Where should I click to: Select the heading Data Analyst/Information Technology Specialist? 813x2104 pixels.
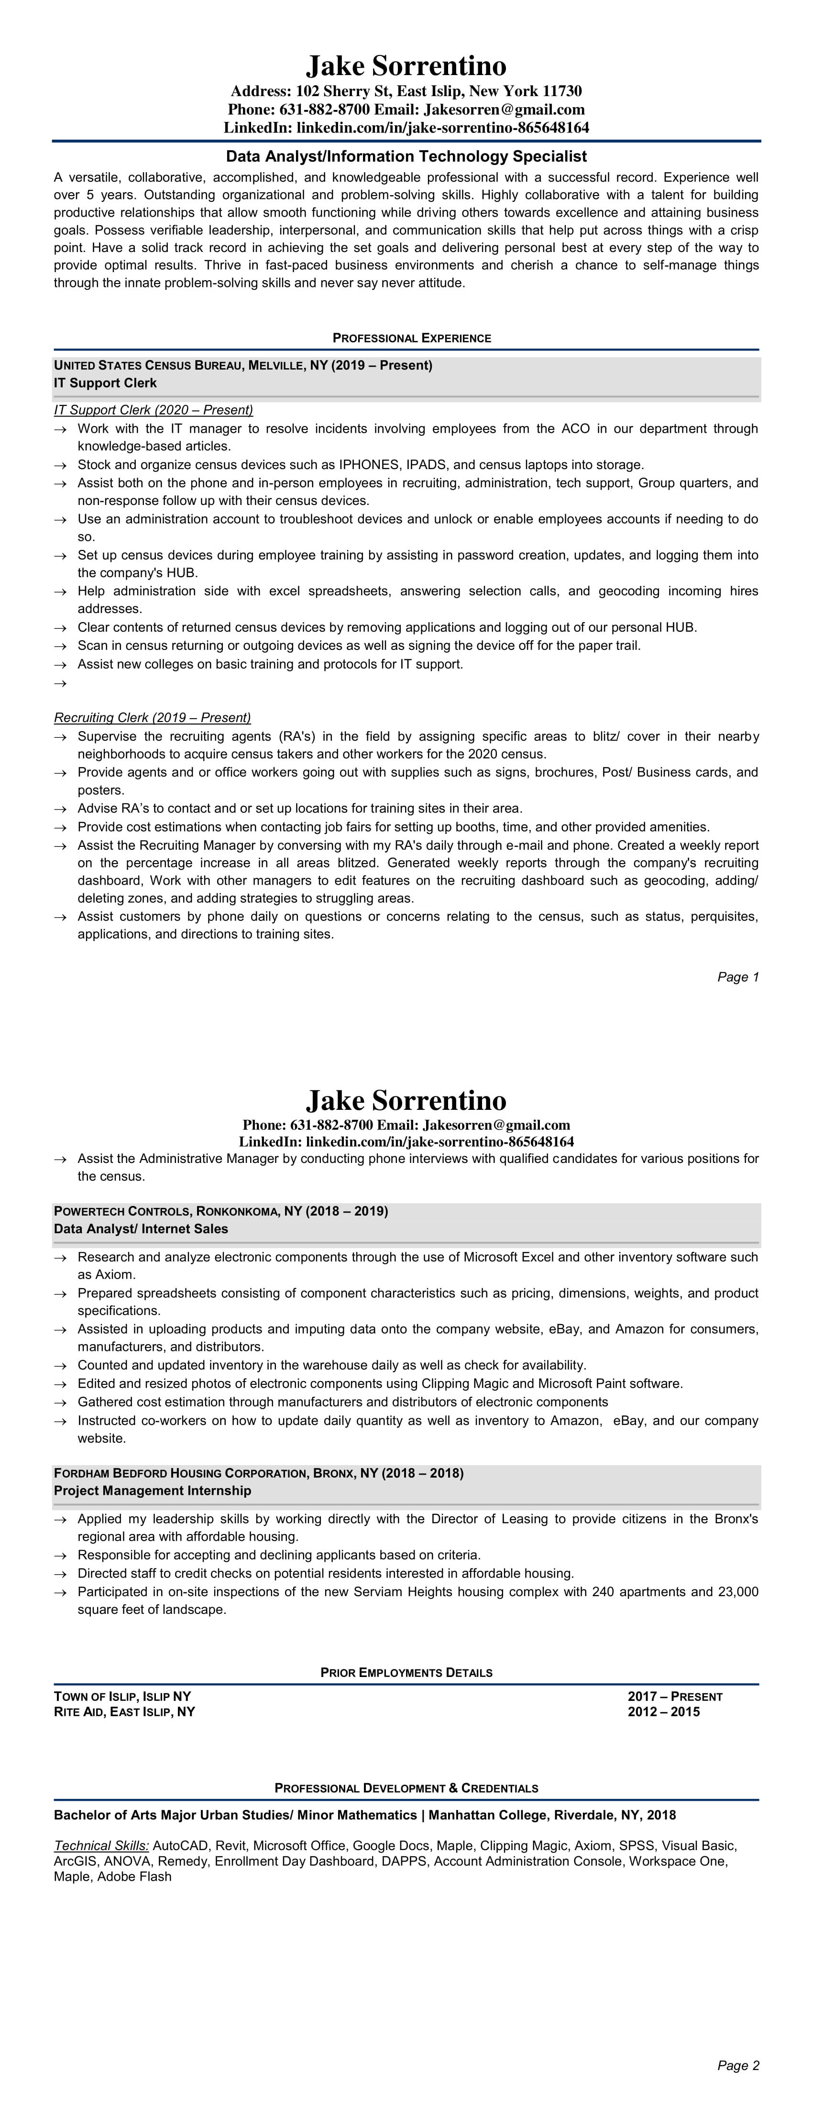(406, 156)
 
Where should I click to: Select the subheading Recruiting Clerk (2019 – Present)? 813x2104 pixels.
(152, 718)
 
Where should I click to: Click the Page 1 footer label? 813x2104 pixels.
(738, 977)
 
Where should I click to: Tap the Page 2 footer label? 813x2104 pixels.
(738, 2066)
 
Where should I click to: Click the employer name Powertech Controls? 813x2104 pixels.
(122, 1211)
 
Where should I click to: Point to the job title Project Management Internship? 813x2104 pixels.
(153, 1490)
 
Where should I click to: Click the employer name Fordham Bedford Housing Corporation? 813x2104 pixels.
(180, 1473)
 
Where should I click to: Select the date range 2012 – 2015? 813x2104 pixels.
(663, 1712)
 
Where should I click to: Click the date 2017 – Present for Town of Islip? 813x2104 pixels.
(675, 1697)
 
